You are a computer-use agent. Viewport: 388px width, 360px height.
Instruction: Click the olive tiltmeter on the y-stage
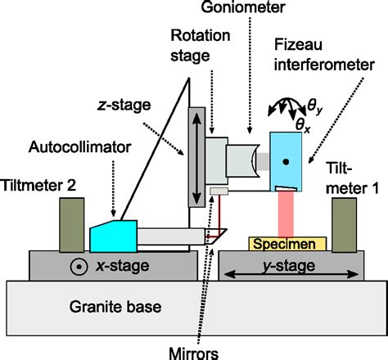click(x=343, y=223)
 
